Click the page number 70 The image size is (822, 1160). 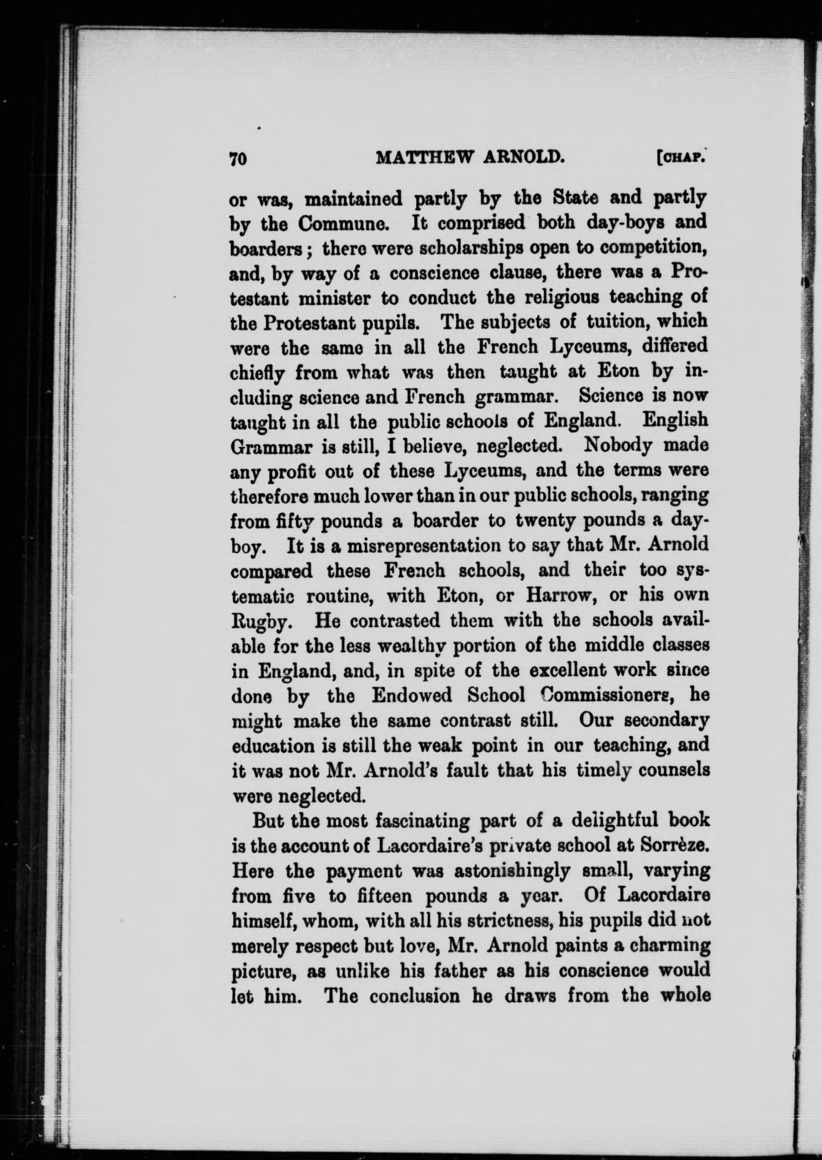point(238,158)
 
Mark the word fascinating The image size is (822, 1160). point(424,820)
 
